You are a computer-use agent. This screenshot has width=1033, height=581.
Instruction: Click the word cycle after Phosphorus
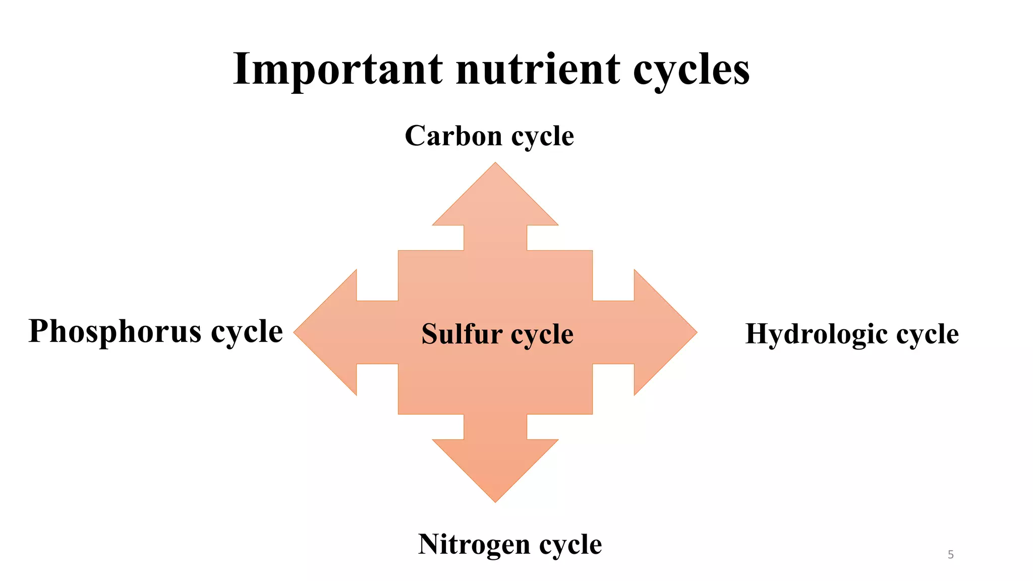point(247,332)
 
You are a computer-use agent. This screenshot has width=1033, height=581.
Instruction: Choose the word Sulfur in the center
point(462,334)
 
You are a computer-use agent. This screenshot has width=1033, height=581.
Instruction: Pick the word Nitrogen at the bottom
point(474,545)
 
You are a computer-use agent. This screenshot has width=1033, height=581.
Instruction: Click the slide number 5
point(951,555)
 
